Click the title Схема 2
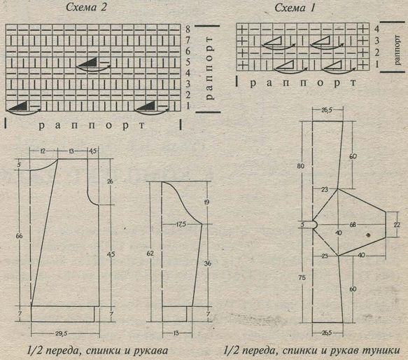coord(86,7)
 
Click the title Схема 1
coord(295,8)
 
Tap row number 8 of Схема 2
coord(188,29)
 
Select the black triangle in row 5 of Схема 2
coord(87,63)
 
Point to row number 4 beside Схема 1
coord(377,29)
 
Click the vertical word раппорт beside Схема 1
coord(397,50)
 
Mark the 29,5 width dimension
coord(61,333)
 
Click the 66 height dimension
coord(20,236)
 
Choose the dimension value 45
coord(111,254)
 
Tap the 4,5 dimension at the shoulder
coord(93,151)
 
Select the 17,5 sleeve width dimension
coord(181,224)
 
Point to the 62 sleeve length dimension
coord(150,254)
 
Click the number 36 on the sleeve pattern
coord(208,263)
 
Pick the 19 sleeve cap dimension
coord(207,202)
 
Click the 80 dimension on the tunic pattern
coord(300,166)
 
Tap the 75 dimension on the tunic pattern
coord(302,277)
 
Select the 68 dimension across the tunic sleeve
coord(353,224)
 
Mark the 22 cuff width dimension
coord(397,225)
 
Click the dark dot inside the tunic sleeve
coord(368,235)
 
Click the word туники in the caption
coord(381,351)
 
